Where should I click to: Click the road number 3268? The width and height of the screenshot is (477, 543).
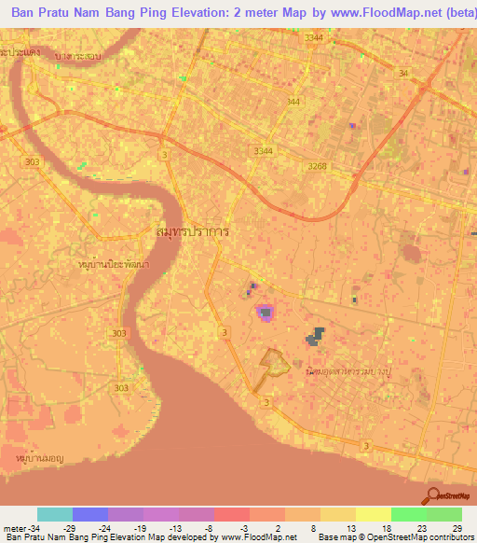click(318, 166)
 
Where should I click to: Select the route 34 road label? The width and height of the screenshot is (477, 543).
click(402, 73)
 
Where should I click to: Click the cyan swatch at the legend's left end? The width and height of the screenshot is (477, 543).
click(55, 515)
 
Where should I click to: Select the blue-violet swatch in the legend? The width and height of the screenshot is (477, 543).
click(90, 515)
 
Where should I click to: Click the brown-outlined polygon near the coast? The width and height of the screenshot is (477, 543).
click(272, 362)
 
